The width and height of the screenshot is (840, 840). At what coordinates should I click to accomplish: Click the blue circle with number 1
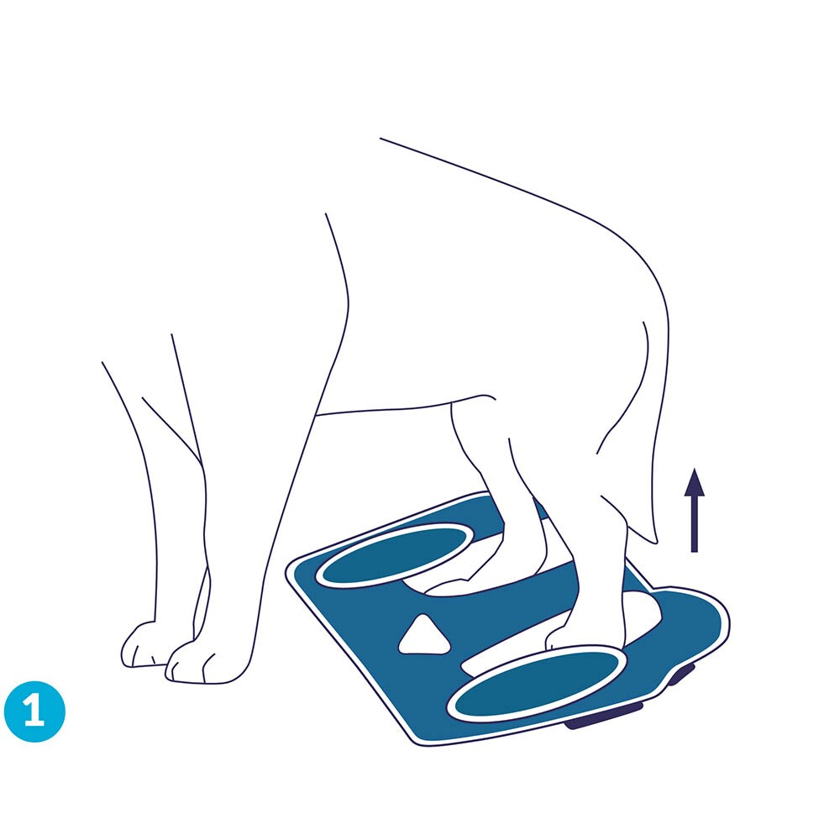[x=34, y=711]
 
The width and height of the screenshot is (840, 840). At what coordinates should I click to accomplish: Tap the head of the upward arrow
[x=695, y=481]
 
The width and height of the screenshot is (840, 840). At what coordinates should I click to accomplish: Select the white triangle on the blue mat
[x=423, y=636]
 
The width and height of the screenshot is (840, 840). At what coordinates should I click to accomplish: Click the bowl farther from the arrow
[x=395, y=555]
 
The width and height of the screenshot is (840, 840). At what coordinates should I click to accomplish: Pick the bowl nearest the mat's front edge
[x=538, y=682]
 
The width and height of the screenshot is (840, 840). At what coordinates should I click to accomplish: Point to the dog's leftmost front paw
[x=140, y=645]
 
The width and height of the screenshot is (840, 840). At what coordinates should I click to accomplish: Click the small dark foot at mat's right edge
[x=681, y=674]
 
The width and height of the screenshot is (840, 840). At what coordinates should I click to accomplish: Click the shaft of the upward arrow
[x=695, y=523]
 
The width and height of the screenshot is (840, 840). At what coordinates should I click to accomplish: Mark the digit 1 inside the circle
[x=34, y=711]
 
